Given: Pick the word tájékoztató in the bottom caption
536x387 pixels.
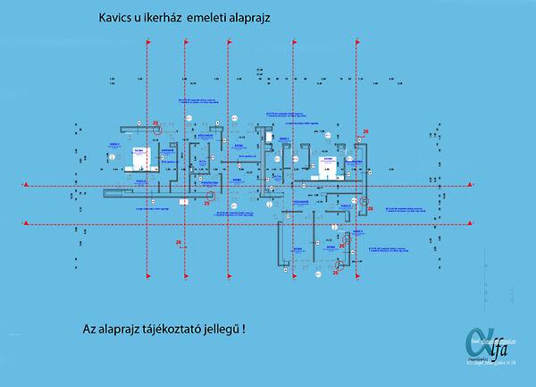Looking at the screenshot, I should tap(175, 329).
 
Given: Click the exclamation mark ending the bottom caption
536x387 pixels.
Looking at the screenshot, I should tap(244, 328).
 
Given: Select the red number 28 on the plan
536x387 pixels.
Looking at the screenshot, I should tap(365, 131).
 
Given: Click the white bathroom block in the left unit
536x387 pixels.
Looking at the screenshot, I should tap(143, 157).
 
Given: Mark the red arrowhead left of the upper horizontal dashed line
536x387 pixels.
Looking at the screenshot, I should tap(26, 183).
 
